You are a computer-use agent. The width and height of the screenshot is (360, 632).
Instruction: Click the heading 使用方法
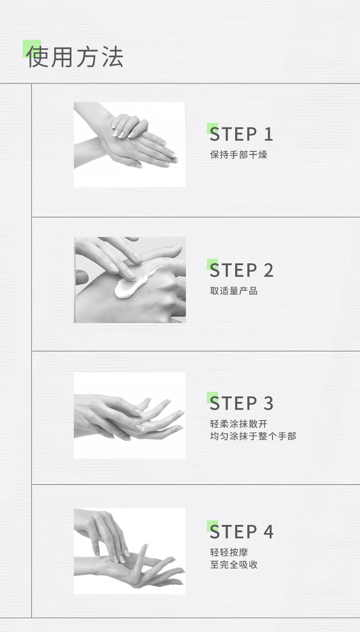click(x=75, y=57)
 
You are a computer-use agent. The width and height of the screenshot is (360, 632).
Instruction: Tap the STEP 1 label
click(x=242, y=134)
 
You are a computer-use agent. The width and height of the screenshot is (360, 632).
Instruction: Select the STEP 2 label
click(x=242, y=270)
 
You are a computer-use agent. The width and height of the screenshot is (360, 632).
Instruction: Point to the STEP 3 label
click(x=242, y=403)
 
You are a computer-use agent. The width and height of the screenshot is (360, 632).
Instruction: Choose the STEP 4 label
click(x=242, y=532)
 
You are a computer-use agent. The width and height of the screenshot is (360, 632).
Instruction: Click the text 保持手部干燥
click(x=239, y=154)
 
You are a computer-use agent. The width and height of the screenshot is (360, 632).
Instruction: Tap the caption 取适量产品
click(x=234, y=291)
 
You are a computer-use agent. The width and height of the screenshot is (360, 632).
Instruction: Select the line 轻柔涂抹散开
click(x=239, y=424)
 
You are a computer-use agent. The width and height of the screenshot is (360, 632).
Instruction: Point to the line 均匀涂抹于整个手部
click(x=253, y=436)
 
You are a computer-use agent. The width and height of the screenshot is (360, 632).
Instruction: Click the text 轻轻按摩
click(x=229, y=552)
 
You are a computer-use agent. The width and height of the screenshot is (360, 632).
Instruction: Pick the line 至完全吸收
click(x=234, y=565)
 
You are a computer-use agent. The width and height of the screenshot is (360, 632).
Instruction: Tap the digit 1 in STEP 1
click(x=268, y=134)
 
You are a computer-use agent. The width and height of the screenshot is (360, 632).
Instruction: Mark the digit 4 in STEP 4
click(x=268, y=532)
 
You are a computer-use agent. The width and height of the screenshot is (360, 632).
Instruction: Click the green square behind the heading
click(x=32, y=49)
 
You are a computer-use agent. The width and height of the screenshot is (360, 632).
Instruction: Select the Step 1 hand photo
click(x=129, y=145)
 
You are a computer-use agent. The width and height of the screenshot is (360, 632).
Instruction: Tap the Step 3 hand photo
click(x=129, y=415)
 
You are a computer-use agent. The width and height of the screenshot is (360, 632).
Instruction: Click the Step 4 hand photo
click(x=129, y=551)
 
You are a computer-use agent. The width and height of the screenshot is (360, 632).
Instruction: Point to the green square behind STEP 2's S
click(x=212, y=264)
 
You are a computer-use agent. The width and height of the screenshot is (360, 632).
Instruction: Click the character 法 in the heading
click(x=113, y=57)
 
